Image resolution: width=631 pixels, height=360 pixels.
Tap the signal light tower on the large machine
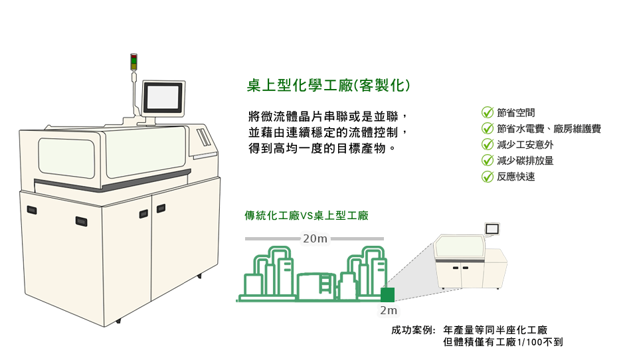(133, 62)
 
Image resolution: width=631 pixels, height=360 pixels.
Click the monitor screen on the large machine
(161, 96)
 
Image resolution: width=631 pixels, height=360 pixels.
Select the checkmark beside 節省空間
(487, 113)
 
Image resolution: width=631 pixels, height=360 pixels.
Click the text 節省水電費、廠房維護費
(549, 129)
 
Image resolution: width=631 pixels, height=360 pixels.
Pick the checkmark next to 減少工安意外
(487, 145)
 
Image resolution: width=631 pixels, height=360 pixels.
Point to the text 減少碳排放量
(525, 161)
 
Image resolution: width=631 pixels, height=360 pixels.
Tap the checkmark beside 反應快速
(487, 177)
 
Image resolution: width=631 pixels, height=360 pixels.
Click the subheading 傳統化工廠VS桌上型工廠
(306, 215)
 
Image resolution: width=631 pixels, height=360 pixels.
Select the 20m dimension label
(315, 238)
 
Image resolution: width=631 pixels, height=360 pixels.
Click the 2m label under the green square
(389, 310)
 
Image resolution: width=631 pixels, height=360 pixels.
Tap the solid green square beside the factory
(388, 294)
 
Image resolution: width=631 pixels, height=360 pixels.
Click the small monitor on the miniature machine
(492, 228)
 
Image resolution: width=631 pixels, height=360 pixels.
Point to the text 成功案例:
(413, 330)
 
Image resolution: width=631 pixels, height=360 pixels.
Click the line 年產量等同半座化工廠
(495, 330)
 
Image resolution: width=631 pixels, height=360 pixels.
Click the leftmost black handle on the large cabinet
(31, 210)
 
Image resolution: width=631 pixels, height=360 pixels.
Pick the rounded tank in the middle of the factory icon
(312, 285)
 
